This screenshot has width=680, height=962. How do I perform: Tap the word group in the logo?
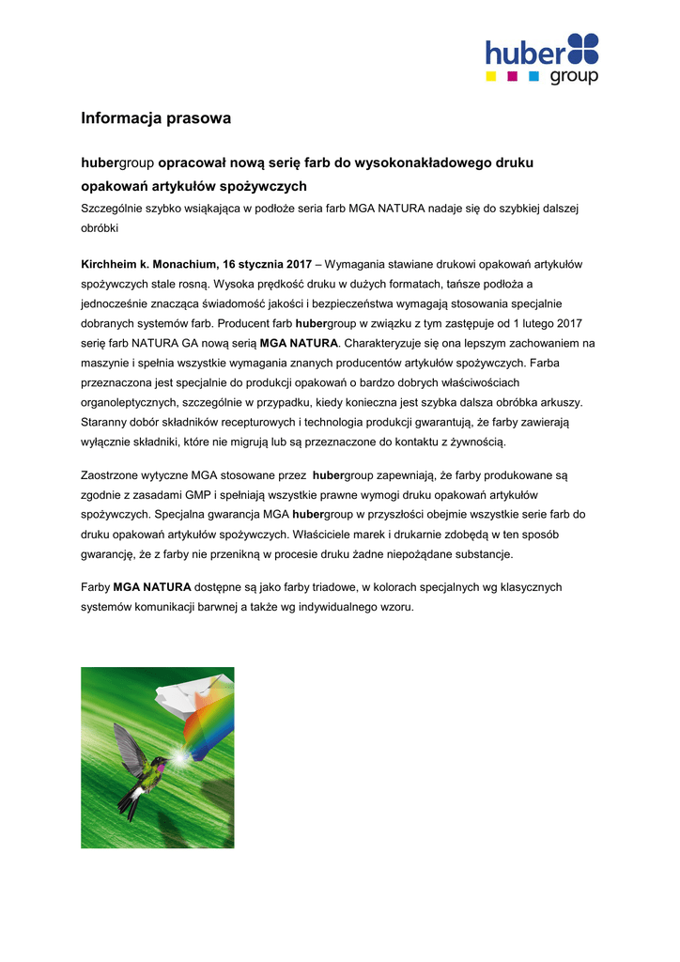[573, 76]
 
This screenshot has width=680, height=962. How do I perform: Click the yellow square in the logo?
[490, 75]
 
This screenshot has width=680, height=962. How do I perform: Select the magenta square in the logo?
[512, 75]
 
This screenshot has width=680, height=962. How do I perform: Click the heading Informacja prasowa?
[155, 118]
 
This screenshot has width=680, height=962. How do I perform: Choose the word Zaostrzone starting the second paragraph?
[115, 475]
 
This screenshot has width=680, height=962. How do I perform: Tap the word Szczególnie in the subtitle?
[112, 208]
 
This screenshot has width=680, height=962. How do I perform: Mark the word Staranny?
[106, 422]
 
